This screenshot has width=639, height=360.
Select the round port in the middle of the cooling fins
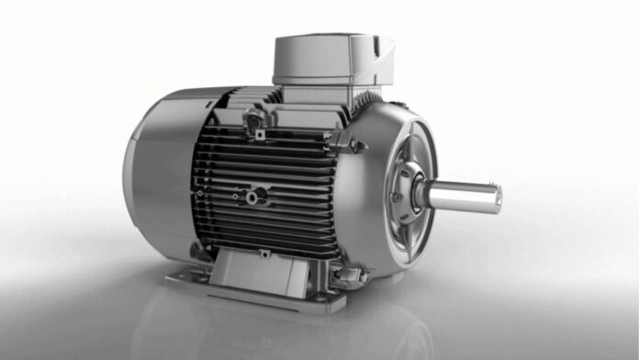coord(260,194)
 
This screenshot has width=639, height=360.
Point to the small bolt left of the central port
coord(236,196)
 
